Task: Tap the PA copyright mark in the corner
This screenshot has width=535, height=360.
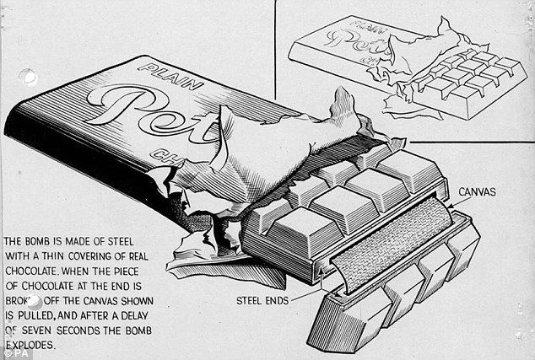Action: (x=12, y=353)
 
